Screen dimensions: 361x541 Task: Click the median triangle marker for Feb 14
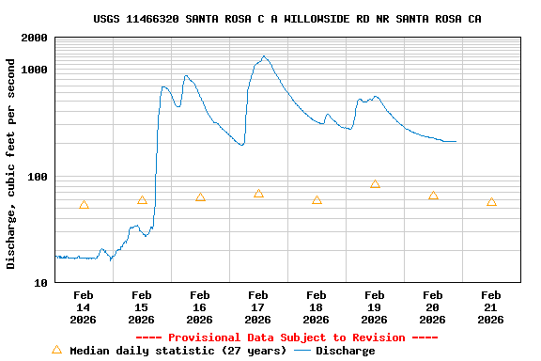coord(84,205)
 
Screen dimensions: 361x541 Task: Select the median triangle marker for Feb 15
coord(142,200)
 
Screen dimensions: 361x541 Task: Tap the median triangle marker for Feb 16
coord(200,196)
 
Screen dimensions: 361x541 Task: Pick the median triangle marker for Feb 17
coord(258,194)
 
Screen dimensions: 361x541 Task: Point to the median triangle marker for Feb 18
coord(317,200)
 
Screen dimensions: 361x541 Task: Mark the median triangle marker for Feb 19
coord(375,184)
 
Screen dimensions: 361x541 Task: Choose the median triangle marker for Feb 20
coord(433,196)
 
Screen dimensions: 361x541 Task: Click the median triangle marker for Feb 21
coord(491,202)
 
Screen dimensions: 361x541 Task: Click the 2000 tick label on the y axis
coord(35,38)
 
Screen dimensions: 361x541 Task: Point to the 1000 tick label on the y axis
coord(35,70)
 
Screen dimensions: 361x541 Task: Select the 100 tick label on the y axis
coord(38,177)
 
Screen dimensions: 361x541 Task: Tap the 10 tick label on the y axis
coord(41,283)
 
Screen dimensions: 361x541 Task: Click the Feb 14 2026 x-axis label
coord(84,306)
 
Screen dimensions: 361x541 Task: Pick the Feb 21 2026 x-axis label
coord(491,306)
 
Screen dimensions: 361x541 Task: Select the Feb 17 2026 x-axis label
coord(258,306)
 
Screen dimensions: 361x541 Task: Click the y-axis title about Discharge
coord(11,164)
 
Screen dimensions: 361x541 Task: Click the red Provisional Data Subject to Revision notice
coord(286,337)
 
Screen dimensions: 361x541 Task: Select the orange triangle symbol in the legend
coord(56,350)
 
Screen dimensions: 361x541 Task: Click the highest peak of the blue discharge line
coord(264,56)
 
